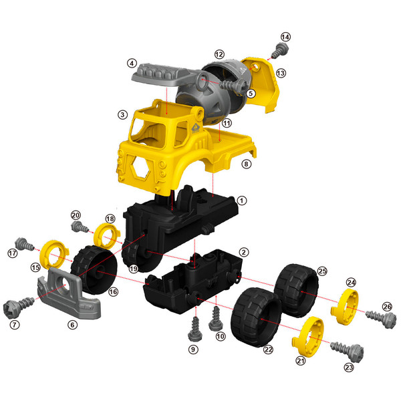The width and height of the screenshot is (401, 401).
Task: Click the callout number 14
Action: pyautogui.click(x=285, y=37)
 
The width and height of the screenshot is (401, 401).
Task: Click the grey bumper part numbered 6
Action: pyautogui.click(x=69, y=293)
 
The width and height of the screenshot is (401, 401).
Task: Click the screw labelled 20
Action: pyautogui.click(x=80, y=227)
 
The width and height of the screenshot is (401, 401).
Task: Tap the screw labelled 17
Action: pyautogui.click(x=24, y=243)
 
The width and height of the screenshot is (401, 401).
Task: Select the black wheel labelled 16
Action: pyautogui.click(x=94, y=270)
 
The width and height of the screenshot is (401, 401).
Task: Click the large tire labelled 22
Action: pyautogui.click(x=256, y=317)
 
